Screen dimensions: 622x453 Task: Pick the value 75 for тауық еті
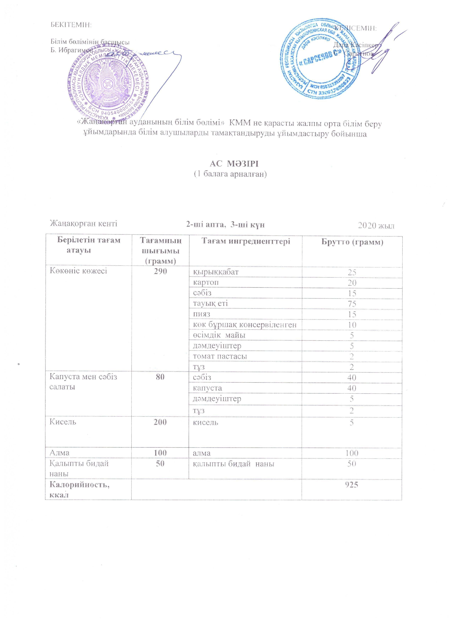352,304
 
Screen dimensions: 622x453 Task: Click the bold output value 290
160,271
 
